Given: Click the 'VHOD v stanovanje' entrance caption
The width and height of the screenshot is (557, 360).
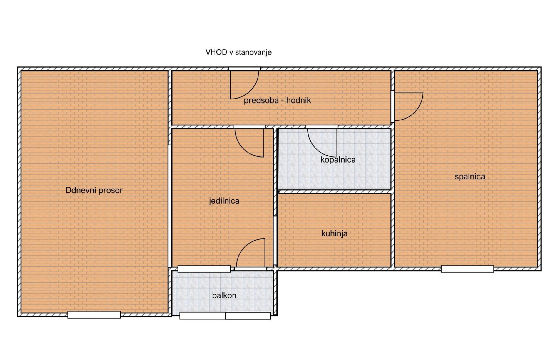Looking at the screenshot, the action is click(x=239, y=52).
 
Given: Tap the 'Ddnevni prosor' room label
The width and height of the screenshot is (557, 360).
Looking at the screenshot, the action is click(x=94, y=190).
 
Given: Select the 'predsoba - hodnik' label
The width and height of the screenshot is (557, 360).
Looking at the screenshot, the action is click(x=277, y=100).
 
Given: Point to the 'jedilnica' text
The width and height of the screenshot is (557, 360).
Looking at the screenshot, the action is click(x=224, y=201).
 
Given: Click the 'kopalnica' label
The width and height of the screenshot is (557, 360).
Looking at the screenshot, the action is click(x=338, y=160).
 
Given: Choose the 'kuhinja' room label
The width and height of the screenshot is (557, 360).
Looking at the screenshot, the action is click(x=334, y=233).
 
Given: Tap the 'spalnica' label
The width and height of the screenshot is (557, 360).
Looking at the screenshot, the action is click(x=470, y=177).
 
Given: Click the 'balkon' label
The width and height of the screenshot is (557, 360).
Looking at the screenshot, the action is click(x=224, y=295).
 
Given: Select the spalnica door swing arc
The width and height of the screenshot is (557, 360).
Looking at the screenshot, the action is click(x=416, y=112).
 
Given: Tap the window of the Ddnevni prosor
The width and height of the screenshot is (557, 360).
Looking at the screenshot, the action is click(x=94, y=315).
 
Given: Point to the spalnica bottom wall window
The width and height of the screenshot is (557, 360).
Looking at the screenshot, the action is click(x=467, y=269).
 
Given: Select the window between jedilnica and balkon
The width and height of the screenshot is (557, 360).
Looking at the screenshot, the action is click(x=204, y=269).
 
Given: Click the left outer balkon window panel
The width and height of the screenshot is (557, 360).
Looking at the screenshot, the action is click(x=203, y=316).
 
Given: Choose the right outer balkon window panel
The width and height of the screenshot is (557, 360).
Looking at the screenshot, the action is click(x=248, y=316).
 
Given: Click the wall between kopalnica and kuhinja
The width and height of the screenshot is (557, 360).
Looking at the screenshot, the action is click(x=335, y=192).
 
